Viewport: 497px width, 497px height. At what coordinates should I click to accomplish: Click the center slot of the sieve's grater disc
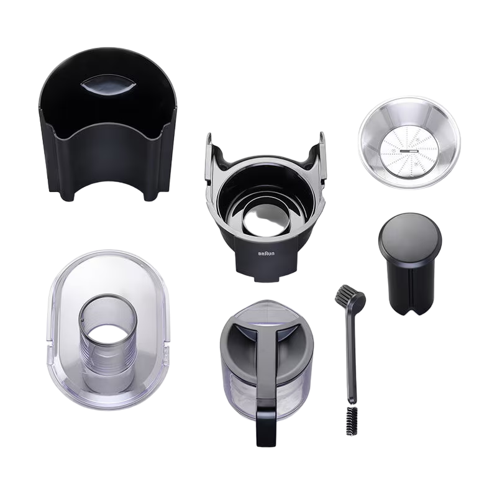pos(409,151)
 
